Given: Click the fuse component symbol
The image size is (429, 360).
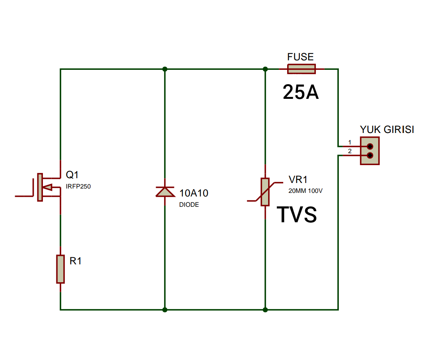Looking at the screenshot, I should click(x=301, y=69).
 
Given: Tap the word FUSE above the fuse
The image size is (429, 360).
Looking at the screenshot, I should click(x=300, y=57).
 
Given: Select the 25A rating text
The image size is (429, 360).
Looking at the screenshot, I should click(x=301, y=92).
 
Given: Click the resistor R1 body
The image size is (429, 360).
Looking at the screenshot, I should click(x=60, y=269).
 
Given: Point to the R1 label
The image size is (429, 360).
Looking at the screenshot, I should click(x=75, y=261).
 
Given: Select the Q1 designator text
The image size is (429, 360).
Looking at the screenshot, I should click(x=73, y=175).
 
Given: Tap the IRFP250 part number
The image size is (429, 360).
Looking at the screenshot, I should click(x=78, y=187).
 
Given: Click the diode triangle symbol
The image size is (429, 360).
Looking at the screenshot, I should click(x=165, y=192).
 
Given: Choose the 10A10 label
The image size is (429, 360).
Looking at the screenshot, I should click(x=194, y=193).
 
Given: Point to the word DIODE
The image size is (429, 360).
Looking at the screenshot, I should click(x=189, y=205).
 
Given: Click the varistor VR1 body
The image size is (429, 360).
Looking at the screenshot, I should click(x=265, y=192).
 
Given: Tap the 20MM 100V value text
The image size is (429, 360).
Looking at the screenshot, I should click(x=305, y=191).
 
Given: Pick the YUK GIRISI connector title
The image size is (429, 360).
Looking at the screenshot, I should click(x=386, y=129).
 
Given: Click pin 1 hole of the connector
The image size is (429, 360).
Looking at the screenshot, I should click(x=370, y=146).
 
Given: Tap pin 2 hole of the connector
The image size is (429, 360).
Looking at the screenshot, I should click(x=370, y=156).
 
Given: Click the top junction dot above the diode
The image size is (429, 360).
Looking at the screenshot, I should click(x=165, y=69).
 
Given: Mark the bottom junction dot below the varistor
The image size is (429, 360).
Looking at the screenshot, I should click(x=265, y=310).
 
